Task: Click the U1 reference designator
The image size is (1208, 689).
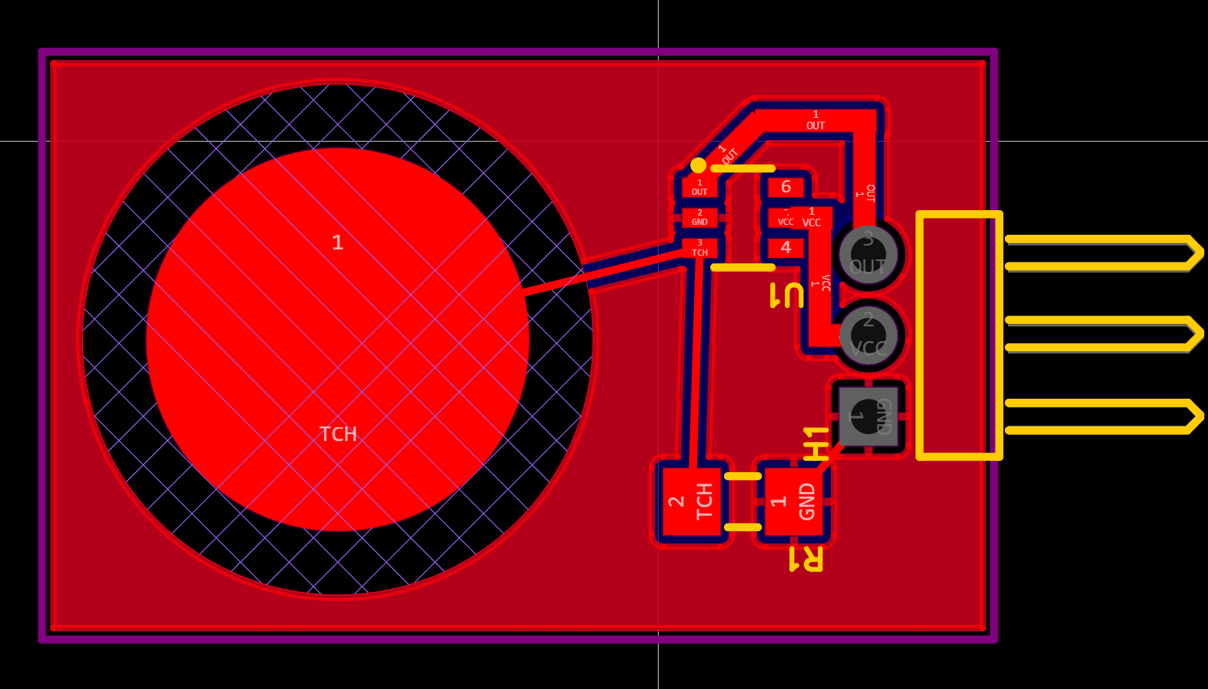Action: coord(786,296)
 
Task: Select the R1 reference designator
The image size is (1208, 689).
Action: coord(806,559)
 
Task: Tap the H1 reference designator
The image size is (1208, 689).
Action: coord(816,443)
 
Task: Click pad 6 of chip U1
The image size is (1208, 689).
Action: coord(786,187)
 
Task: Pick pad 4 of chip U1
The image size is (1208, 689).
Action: coord(786,248)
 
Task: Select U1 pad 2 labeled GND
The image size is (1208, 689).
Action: coord(699,218)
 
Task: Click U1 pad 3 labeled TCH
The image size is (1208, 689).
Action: coord(699,248)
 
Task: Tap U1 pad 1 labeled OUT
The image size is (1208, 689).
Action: coord(699,188)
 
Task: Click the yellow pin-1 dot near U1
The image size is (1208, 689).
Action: coord(698,166)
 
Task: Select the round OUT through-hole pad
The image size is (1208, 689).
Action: coord(868,254)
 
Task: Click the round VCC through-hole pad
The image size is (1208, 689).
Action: coord(868,336)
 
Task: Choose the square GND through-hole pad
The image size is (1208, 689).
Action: coord(868,416)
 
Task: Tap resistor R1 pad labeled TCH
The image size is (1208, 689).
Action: coord(692,501)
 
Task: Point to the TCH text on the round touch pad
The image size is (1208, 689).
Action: coord(339,434)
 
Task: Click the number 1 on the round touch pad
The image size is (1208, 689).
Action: coord(337,243)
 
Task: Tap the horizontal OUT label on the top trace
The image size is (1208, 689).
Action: coord(816,125)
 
